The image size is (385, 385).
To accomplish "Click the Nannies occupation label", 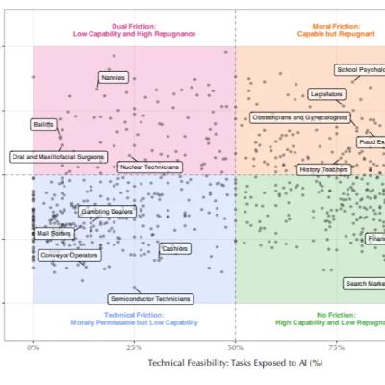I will coord(114,78).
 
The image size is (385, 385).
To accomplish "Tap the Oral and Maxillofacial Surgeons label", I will coord(58,156).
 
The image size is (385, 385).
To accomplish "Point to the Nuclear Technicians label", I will coord(149,167).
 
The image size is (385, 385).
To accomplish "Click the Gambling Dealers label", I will coord(107,211).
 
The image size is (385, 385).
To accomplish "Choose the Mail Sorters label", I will coord(54,233).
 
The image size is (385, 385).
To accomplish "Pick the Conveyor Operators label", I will coord(68,256).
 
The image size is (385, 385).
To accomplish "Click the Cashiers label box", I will coord(174,248).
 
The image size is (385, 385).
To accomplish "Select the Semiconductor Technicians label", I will coord(150,298).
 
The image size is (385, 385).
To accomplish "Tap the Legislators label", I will coord(326,94).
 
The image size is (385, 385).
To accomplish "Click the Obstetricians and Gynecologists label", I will coord(298,117).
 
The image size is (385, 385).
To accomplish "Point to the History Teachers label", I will coord(323,169).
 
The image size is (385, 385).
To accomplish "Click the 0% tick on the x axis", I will coord(33,347).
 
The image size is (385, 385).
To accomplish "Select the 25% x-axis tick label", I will coord(134,347).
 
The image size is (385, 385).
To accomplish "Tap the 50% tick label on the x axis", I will coord(235,347).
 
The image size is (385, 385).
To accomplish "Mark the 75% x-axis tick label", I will coord(336,347).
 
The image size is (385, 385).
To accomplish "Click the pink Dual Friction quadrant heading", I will coord(134,29).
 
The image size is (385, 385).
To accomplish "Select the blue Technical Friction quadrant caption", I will coord(134,319).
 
